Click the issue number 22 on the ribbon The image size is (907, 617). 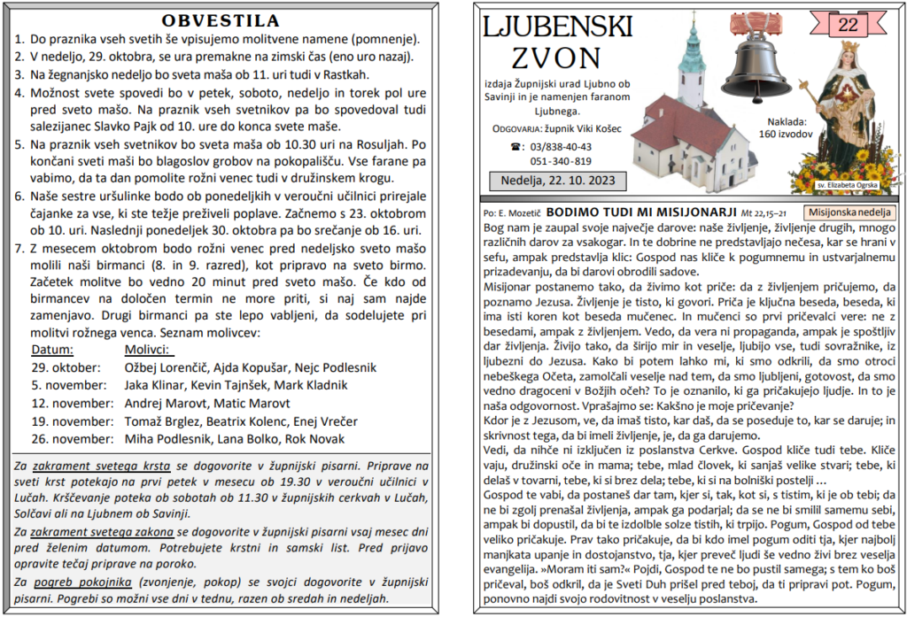click(x=847, y=25)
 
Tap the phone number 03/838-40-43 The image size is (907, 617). click(x=562, y=147)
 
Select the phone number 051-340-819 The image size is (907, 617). click(x=562, y=161)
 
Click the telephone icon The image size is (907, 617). click(x=516, y=147)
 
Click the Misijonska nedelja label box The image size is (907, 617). click(x=850, y=212)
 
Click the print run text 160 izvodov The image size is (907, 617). click(x=785, y=135)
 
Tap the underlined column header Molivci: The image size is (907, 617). click(x=145, y=350)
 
